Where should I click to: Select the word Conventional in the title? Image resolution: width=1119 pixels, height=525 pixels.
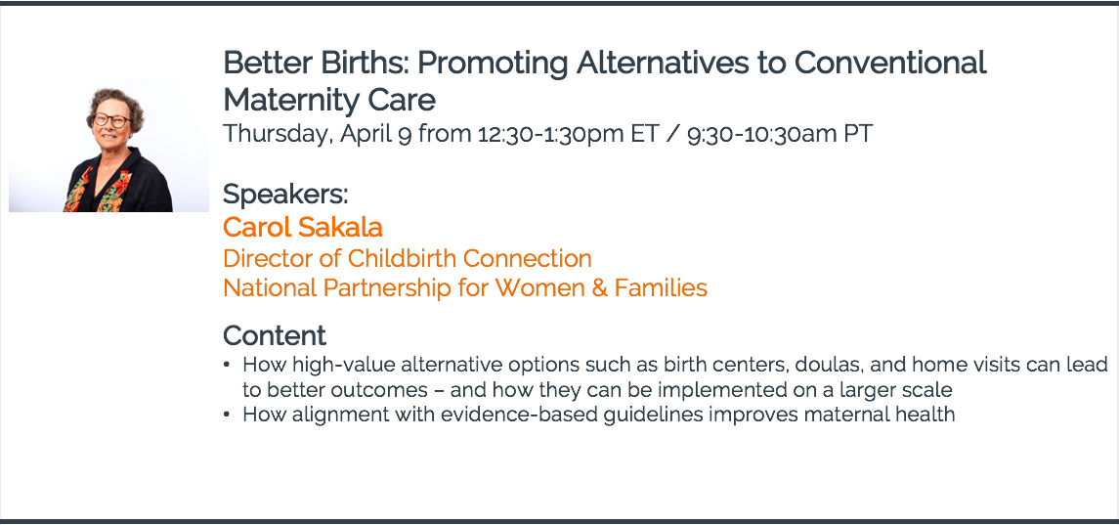point(890,63)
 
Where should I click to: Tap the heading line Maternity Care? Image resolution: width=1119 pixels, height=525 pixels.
point(329,100)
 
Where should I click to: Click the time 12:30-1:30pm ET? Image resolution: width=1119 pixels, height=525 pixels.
point(568,134)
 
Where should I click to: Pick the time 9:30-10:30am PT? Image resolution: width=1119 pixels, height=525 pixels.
point(780,134)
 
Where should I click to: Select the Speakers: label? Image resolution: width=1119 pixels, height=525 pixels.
point(285,194)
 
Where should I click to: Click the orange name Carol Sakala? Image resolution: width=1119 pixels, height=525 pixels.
point(303,227)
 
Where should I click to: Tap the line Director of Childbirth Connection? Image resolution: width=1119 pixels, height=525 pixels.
point(408,258)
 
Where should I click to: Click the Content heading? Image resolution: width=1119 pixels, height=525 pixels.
point(275,335)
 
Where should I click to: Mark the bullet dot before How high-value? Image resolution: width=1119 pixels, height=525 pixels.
point(227,366)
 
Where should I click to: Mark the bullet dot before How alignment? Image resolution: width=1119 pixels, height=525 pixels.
point(227,415)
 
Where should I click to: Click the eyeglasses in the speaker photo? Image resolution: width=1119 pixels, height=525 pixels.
point(112,120)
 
